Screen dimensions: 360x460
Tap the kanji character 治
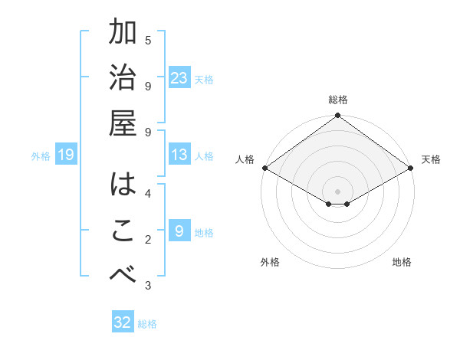coord(123,80)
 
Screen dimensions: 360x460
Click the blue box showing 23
coord(179,77)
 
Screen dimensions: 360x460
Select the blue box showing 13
coord(179,155)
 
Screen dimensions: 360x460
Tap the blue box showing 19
coord(66,155)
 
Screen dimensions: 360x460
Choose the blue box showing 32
coord(123,322)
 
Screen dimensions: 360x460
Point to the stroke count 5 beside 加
coord(148,40)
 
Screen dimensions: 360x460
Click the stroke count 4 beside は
coord(148,192)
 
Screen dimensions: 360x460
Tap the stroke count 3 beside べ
coord(148,286)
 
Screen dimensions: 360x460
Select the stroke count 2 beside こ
coord(148,240)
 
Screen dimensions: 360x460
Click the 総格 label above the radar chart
coord(337,100)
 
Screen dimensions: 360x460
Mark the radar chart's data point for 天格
coord(412,168)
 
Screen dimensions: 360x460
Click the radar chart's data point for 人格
coord(264,168)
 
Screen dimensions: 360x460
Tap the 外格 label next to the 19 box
coord(40,155)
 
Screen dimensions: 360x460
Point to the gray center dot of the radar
coord(337,191)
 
